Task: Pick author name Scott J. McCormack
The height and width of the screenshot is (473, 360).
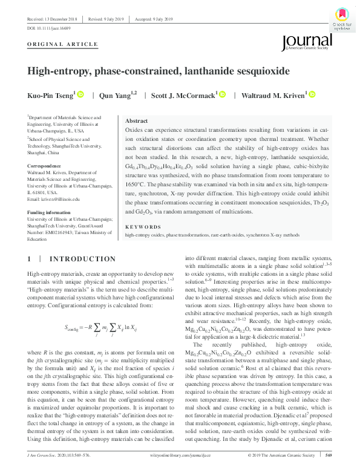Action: pos(182,95)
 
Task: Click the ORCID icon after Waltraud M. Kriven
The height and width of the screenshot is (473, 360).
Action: pos(312,95)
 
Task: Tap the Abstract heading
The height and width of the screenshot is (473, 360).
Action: pos(136,121)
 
